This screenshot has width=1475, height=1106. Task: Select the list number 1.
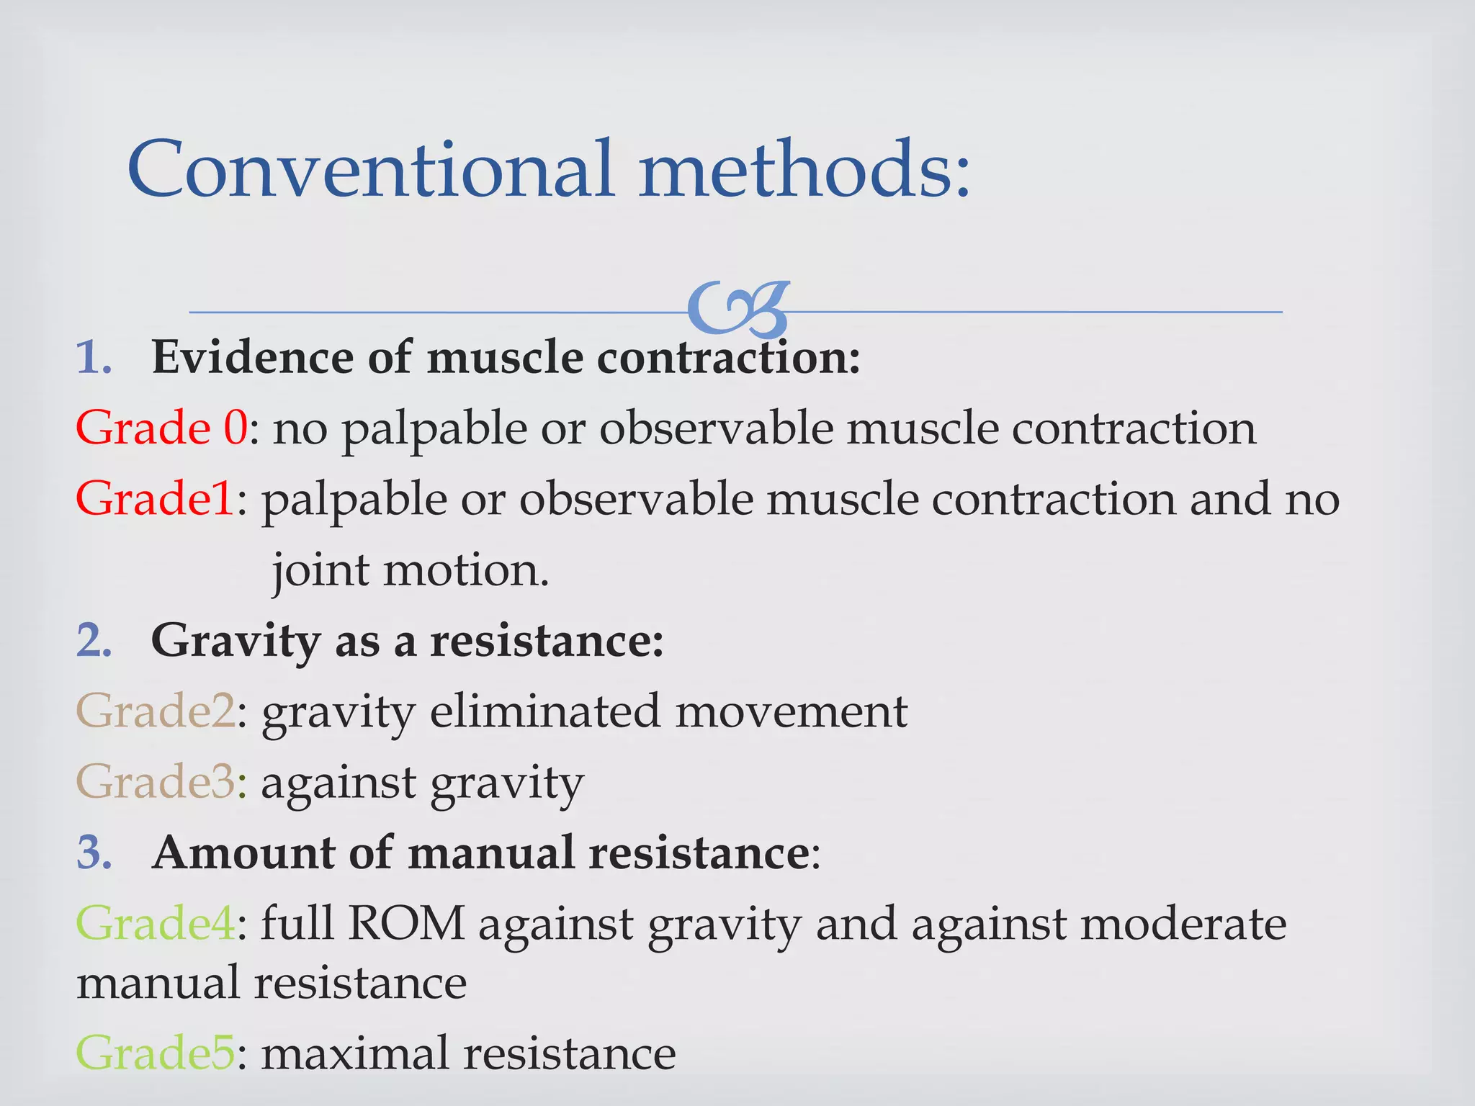94,357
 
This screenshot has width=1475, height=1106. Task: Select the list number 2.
94,640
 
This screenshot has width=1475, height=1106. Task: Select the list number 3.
94,853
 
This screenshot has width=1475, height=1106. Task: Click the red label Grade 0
161,428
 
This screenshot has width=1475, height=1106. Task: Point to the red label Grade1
155,498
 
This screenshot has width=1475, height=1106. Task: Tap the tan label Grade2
156,711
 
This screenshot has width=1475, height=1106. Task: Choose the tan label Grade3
156,782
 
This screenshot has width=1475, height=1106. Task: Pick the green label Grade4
156,923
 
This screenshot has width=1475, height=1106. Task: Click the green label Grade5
156,1053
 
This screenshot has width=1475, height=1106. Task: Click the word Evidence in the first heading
252,357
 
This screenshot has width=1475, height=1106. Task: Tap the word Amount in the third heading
243,853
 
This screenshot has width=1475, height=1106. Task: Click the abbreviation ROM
406,923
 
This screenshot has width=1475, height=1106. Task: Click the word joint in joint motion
320,570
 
